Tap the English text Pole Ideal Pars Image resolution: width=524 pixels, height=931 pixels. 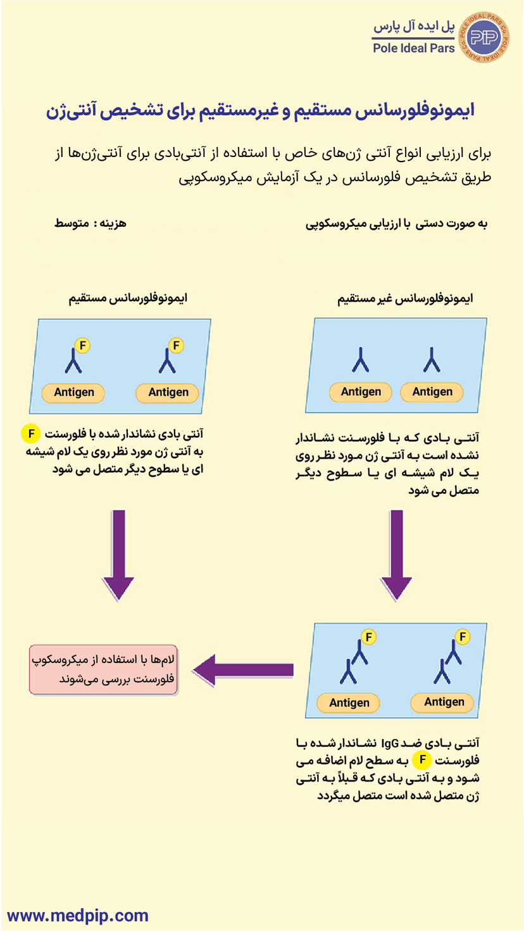(414, 48)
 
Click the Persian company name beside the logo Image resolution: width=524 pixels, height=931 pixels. (414, 28)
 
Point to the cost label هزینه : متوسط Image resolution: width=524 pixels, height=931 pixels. (91, 224)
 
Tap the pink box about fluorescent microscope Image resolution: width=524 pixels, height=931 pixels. (104, 669)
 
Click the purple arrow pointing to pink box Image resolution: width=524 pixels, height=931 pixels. (243, 669)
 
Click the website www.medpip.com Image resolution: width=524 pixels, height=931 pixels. (78, 915)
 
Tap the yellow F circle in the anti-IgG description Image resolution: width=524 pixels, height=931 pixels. (421, 759)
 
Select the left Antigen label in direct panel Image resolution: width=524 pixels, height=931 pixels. (73, 393)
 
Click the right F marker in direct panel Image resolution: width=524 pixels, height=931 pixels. (177, 346)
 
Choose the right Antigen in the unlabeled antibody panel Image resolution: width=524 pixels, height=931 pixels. (432, 392)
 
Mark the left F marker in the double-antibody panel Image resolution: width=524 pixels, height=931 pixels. (368, 636)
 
